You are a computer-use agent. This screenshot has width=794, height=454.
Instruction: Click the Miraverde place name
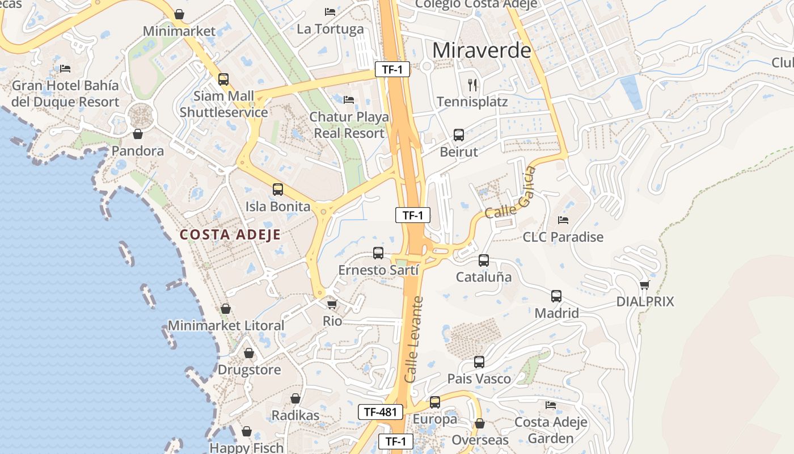point(482,50)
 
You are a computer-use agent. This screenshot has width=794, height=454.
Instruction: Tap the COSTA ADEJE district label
point(230,234)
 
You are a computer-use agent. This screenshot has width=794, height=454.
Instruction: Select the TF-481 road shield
point(380,412)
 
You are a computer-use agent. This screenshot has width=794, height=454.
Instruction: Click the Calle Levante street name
point(414,339)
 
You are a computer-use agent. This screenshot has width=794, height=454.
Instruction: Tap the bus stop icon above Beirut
point(459,135)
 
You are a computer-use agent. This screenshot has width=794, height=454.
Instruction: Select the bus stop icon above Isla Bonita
point(278,190)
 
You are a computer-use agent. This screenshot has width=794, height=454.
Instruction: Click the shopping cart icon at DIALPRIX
point(644,285)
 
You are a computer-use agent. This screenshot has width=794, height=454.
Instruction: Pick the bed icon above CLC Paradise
point(563,220)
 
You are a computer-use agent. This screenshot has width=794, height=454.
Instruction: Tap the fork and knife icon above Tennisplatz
point(472,85)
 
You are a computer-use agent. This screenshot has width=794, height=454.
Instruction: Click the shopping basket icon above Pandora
point(137,134)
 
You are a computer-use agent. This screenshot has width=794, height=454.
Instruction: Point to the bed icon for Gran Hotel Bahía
point(65,69)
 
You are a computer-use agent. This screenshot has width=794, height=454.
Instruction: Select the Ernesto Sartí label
point(378,270)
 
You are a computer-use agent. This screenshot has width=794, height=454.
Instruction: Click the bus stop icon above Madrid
point(556,296)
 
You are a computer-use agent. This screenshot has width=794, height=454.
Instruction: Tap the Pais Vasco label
point(479,379)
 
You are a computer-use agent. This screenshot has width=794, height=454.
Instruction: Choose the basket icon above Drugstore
point(249,353)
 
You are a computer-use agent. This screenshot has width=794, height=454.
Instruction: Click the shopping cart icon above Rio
point(332,304)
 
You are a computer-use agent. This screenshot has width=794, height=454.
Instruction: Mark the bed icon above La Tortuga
point(330,11)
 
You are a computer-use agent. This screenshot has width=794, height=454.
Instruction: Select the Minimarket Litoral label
point(226,326)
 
